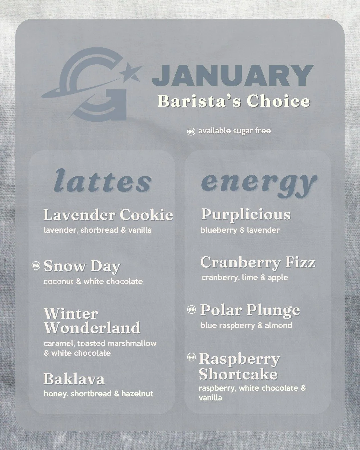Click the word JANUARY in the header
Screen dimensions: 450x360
pos(233,76)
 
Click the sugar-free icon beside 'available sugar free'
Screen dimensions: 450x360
pos(191,131)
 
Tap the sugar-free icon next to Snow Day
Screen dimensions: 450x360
pos(36,266)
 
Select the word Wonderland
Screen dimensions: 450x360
pos(92,328)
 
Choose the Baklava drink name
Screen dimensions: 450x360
pos(74,379)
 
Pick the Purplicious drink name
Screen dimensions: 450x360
pos(246,215)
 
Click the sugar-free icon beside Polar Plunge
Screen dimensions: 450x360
pos(192,310)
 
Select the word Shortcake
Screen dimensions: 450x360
pos(238,374)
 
